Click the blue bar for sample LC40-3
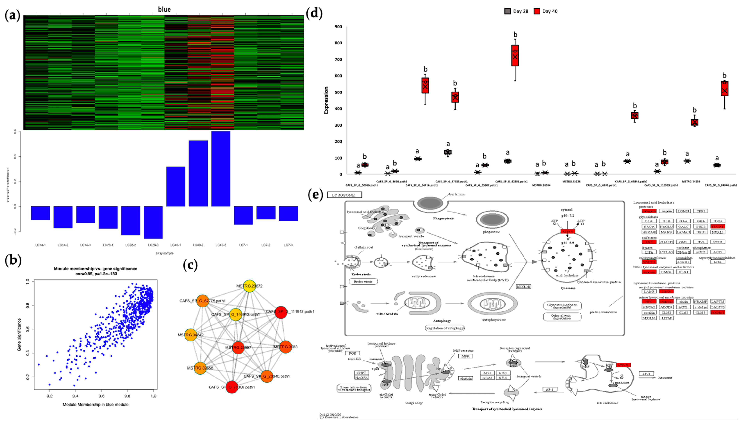221,169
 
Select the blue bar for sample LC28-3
153,222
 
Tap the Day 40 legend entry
546,11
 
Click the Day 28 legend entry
516,11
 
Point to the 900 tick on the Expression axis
338,27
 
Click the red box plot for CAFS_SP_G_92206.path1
515,55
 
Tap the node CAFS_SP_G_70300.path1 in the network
232,387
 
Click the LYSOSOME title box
344,195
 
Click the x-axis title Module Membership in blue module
96,404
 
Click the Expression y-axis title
326,100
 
